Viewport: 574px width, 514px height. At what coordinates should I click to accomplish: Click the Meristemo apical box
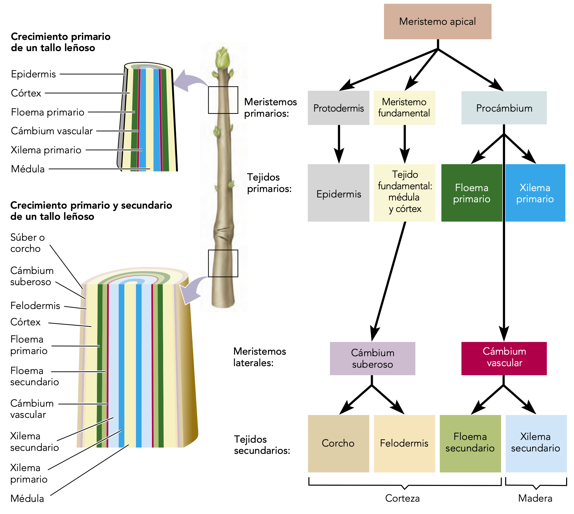(x=437, y=21)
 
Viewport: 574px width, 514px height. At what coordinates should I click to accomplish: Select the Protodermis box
(x=338, y=108)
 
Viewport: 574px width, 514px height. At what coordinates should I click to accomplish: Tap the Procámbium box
(x=504, y=108)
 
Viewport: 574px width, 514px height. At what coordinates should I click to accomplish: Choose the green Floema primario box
(x=471, y=193)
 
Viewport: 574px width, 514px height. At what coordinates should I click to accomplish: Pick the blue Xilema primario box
(x=535, y=193)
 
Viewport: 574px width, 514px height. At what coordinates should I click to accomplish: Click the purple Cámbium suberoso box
(x=372, y=359)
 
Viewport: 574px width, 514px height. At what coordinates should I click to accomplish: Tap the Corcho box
(x=338, y=443)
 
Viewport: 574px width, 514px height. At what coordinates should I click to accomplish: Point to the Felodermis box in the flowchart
(x=404, y=443)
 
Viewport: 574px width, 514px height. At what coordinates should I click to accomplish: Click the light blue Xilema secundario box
(x=536, y=443)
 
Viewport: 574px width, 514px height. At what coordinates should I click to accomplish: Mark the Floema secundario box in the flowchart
(x=470, y=443)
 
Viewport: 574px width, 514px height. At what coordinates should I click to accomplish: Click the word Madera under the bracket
(x=535, y=498)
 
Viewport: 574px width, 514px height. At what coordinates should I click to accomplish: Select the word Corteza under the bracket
(x=402, y=498)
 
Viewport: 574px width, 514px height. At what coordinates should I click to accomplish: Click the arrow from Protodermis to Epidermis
(x=339, y=144)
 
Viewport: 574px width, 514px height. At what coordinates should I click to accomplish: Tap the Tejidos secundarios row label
(x=262, y=445)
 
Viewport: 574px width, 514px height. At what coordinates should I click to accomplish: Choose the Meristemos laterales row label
(x=259, y=357)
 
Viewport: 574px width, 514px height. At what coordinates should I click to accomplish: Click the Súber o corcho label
(x=27, y=243)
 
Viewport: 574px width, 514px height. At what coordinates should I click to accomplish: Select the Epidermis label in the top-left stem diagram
(x=33, y=74)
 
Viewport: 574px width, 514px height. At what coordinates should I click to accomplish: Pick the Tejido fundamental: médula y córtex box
(x=405, y=192)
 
